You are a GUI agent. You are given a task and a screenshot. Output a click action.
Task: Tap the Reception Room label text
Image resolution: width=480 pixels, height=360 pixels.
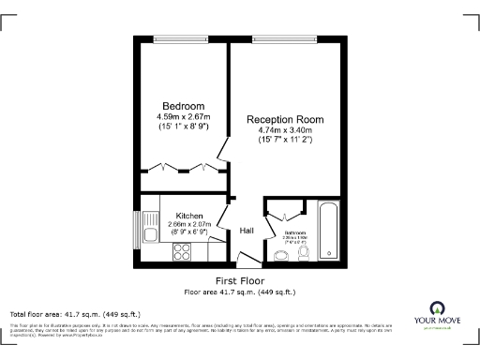click(x=285, y=119)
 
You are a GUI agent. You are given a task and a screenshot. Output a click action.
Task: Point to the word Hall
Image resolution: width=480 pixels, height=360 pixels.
click(x=247, y=231)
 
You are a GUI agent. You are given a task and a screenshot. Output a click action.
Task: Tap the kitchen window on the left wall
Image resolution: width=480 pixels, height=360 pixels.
click(x=139, y=228)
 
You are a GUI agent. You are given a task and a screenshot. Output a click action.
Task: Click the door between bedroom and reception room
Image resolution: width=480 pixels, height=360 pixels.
click(x=222, y=147)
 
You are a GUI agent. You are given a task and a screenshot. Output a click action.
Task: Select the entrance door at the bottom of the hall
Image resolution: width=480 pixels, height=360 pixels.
click(x=247, y=261)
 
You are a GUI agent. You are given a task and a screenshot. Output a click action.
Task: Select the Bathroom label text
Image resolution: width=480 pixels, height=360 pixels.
click(x=296, y=232)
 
